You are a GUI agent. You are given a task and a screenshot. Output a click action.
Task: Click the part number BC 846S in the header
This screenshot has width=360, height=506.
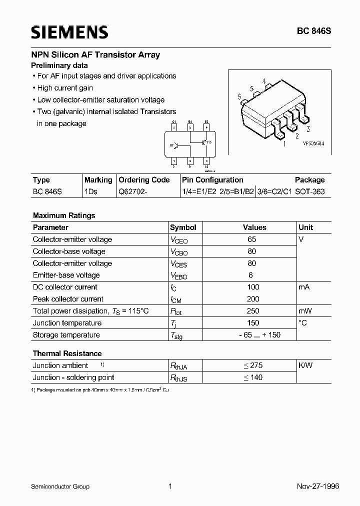click(x=314, y=31)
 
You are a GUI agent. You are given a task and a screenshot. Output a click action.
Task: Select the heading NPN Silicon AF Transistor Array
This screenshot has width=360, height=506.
click(x=95, y=55)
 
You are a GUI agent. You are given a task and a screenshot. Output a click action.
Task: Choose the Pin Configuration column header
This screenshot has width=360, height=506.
click(x=212, y=180)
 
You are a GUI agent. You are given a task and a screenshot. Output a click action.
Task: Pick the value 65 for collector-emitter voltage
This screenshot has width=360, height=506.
click(x=252, y=239)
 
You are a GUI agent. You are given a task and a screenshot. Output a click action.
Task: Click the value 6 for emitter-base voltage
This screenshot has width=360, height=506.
click(x=251, y=275)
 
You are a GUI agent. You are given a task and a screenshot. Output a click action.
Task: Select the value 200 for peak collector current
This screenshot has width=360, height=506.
click(x=253, y=299)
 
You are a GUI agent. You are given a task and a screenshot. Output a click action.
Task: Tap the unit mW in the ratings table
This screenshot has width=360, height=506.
click(x=305, y=311)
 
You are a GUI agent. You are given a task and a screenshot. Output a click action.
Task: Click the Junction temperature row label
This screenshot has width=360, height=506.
click(x=67, y=323)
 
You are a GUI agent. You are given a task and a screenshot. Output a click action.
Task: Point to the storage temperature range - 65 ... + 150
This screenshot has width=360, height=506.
click(x=253, y=335)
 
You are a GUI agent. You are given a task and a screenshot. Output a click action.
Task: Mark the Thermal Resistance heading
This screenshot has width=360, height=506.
click(x=67, y=353)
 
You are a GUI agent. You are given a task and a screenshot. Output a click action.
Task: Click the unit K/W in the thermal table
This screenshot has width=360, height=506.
click(x=305, y=365)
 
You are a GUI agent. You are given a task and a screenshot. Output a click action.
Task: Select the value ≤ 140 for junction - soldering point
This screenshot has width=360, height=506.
click(x=253, y=377)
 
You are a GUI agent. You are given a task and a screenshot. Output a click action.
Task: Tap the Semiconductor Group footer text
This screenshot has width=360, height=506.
click(x=60, y=486)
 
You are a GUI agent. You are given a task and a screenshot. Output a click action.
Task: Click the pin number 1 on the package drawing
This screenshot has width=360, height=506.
click(x=284, y=144)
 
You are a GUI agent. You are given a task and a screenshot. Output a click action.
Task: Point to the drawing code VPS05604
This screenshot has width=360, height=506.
click(x=313, y=143)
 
